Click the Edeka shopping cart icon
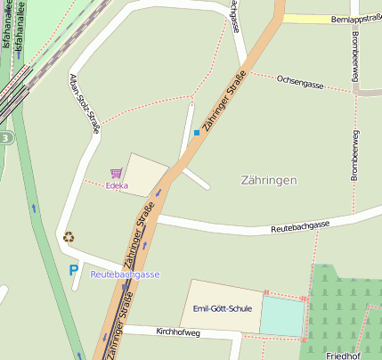pos(116,173)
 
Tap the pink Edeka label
pos(117,186)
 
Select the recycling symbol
pos(69,237)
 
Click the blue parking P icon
pos(73,269)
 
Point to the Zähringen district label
pos(269,180)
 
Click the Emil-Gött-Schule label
pos(223,308)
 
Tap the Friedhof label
pos(343,356)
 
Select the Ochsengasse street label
pos(302,82)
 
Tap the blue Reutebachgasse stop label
pos(125,274)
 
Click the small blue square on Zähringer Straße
pos(197,134)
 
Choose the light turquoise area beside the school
pos(281,316)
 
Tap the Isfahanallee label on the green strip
pos(6,27)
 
